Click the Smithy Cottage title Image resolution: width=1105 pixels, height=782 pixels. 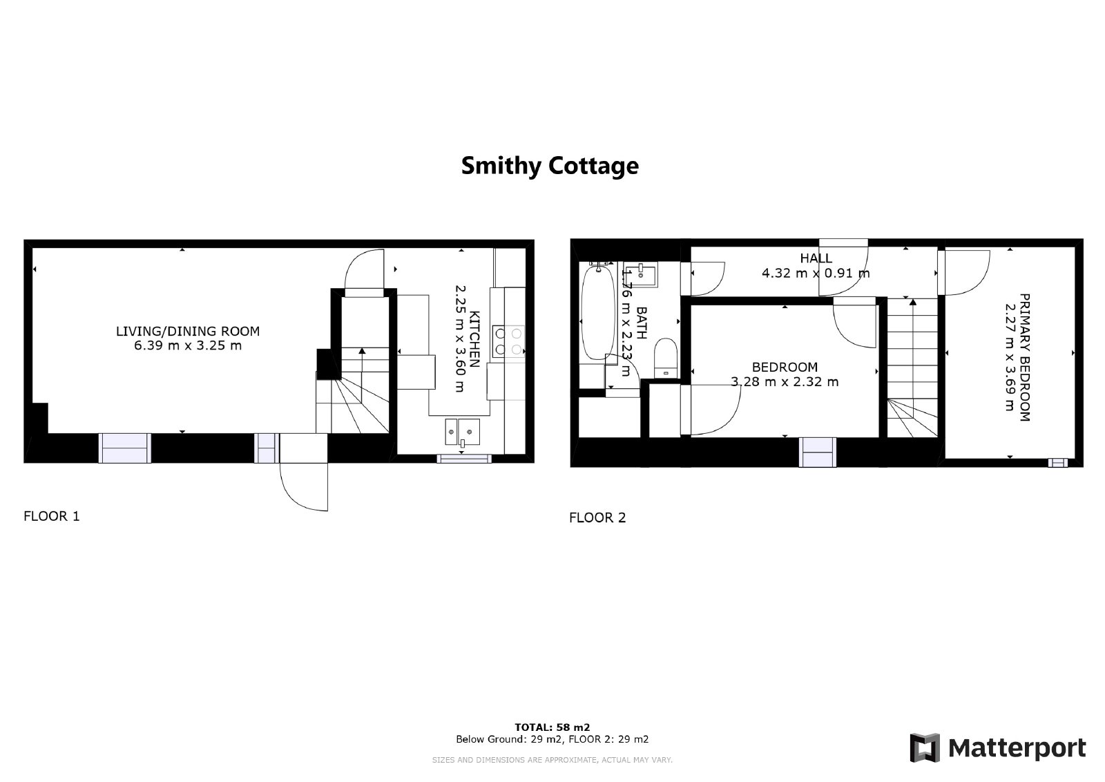550,166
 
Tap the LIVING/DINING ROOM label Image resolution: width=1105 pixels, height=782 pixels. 187,331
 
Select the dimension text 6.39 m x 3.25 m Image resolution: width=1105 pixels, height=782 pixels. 187,345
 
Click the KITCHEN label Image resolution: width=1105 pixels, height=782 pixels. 474,339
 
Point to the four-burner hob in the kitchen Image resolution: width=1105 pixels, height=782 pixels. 508,341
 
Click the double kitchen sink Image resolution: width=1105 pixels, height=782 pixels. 462,432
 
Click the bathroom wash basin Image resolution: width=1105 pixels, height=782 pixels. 641,275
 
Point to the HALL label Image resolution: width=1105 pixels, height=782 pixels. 816,258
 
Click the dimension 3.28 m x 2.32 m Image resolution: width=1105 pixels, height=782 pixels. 785,382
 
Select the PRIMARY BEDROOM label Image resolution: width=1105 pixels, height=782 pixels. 1025,357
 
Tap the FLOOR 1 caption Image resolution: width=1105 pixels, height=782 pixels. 52,516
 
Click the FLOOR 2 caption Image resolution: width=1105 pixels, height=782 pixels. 597,517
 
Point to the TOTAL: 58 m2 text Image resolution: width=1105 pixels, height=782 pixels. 552,727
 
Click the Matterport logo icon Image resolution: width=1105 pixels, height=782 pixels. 925,748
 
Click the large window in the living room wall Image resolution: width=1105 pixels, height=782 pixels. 125,448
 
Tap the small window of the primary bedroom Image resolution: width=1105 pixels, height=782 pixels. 1057,462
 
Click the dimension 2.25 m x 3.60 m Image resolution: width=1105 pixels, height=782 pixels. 459,339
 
